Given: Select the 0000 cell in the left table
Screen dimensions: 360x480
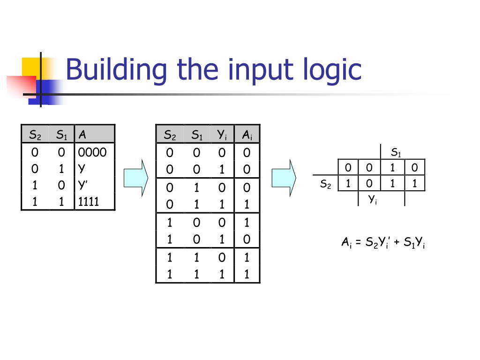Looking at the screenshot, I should click(92, 152).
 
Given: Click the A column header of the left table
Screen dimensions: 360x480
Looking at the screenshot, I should click(83, 135).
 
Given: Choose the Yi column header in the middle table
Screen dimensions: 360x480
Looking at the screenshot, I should click(222, 135).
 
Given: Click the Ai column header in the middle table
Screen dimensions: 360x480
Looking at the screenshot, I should click(247, 135).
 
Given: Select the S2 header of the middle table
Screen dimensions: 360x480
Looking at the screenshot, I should click(169, 135).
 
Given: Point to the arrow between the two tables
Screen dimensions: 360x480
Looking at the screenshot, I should click(135, 177).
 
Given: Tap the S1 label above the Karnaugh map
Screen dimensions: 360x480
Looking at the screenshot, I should click(396, 152).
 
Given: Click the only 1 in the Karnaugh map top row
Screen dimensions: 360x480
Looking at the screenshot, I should click(392, 168).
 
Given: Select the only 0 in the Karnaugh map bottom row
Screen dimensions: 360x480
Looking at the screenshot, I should click(370, 183).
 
